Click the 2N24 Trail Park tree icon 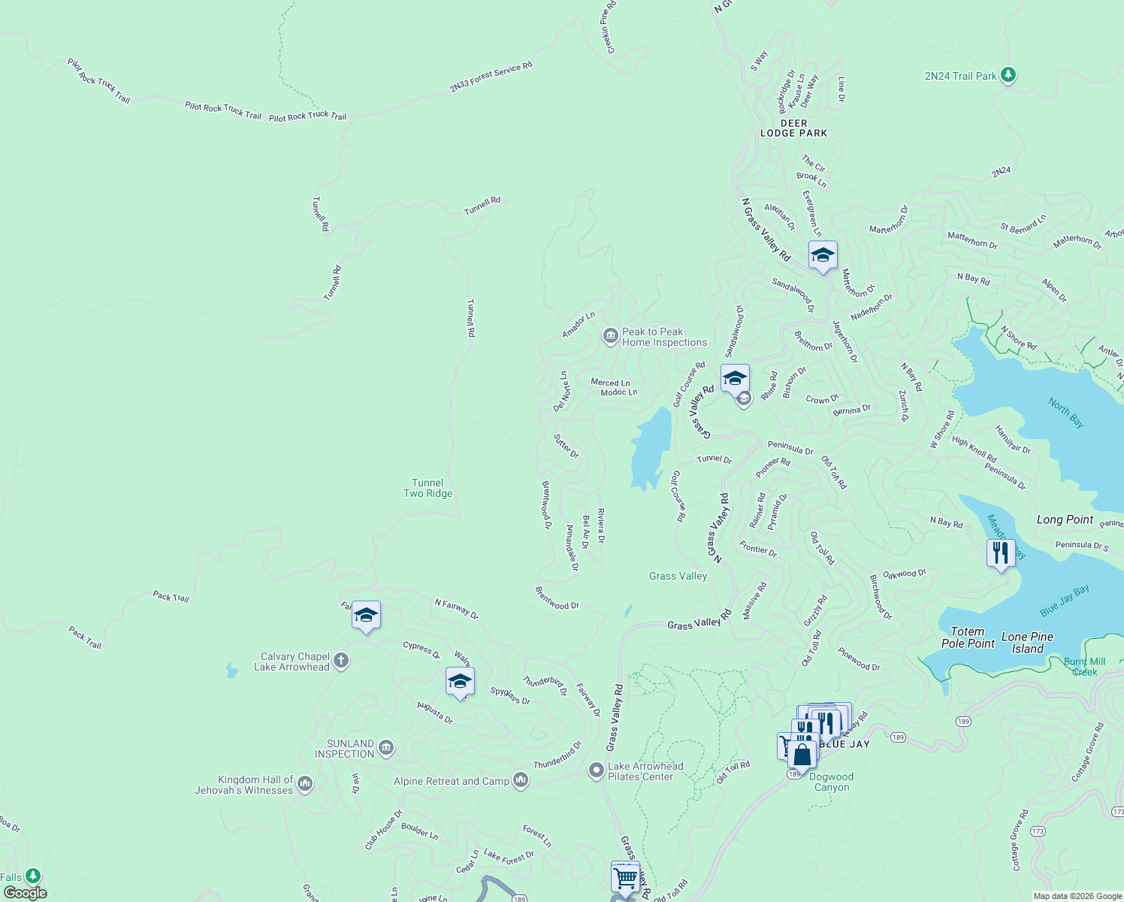tap(1008, 75)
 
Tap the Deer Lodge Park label tap(793, 129)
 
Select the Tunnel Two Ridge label tap(428, 489)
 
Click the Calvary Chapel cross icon tap(341, 661)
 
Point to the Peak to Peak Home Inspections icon tap(611, 336)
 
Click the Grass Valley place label tap(678, 577)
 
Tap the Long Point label tap(1065, 519)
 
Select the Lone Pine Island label tap(1027, 643)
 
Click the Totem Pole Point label tap(968, 637)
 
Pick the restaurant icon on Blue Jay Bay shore tap(1000, 553)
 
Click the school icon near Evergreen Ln tap(823, 256)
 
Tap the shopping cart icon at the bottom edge tap(625, 877)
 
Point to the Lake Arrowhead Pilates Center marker tap(596, 770)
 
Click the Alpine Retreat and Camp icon tap(521, 781)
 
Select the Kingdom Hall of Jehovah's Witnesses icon tap(304, 784)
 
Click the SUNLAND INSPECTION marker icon tap(386, 748)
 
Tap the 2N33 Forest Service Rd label tap(491, 77)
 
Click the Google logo tap(26, 892)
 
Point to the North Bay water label tap(1066, 413)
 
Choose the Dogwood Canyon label tap(831, 782)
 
